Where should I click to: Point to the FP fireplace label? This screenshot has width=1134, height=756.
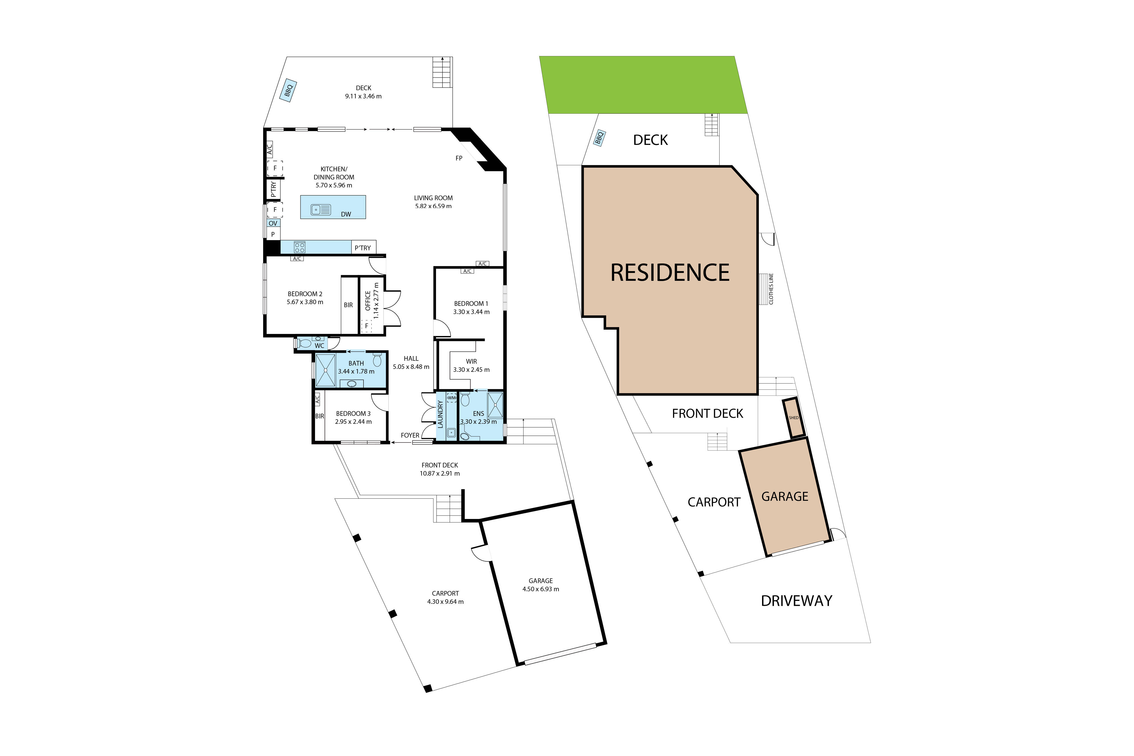pyautogui.click(x=459, y=158)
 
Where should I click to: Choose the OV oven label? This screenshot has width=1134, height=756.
pyautogui.click(x=273, y=223)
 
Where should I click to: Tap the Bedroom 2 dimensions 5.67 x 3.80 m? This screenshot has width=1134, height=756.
pyautogui.click(x=305, y=302)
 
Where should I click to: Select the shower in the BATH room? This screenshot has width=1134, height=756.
pyautogui.click(x=325, y=370)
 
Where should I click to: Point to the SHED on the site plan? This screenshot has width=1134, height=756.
pyautogui.click(x=794, y=418)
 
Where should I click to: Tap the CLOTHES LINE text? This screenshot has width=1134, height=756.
pyautogui.click(x=771, y=289)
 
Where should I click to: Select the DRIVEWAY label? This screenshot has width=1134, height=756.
pyautogui.click(x=797, y=601)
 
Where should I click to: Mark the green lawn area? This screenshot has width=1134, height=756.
pyautogui.click(x=643, y=85)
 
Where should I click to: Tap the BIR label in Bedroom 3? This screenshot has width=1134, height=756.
pyautogui.click(x=320, y=416)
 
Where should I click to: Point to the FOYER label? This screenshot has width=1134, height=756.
pyautogui.click(x=410, y=435)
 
